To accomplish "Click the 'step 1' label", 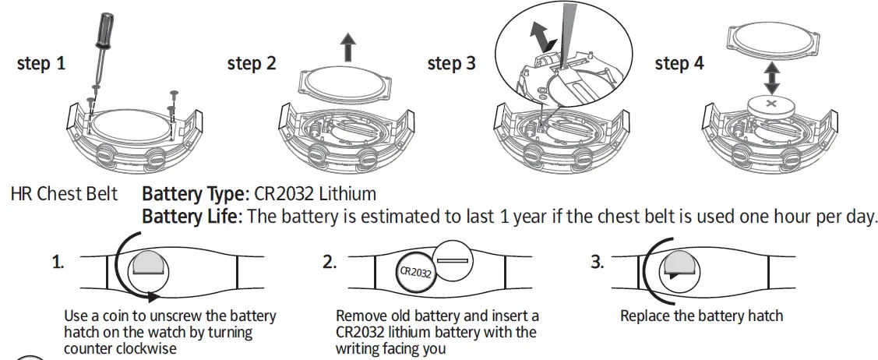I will coord(41,64).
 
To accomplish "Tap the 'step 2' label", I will coord(252,64).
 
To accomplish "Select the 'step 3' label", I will coord(451,64).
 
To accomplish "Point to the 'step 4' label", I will coord(679,64).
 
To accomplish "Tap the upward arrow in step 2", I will coord(347,48).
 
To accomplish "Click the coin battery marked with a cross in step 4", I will coord(771,104).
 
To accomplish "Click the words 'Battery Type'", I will coord(195,193).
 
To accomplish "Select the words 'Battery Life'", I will coord(190,216).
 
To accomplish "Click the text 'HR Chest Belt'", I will coord(65,193).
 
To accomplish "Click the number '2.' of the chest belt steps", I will coord(330,263).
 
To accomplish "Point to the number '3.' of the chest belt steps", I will coord(598,263).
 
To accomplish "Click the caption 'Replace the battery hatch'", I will coord(701,316).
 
